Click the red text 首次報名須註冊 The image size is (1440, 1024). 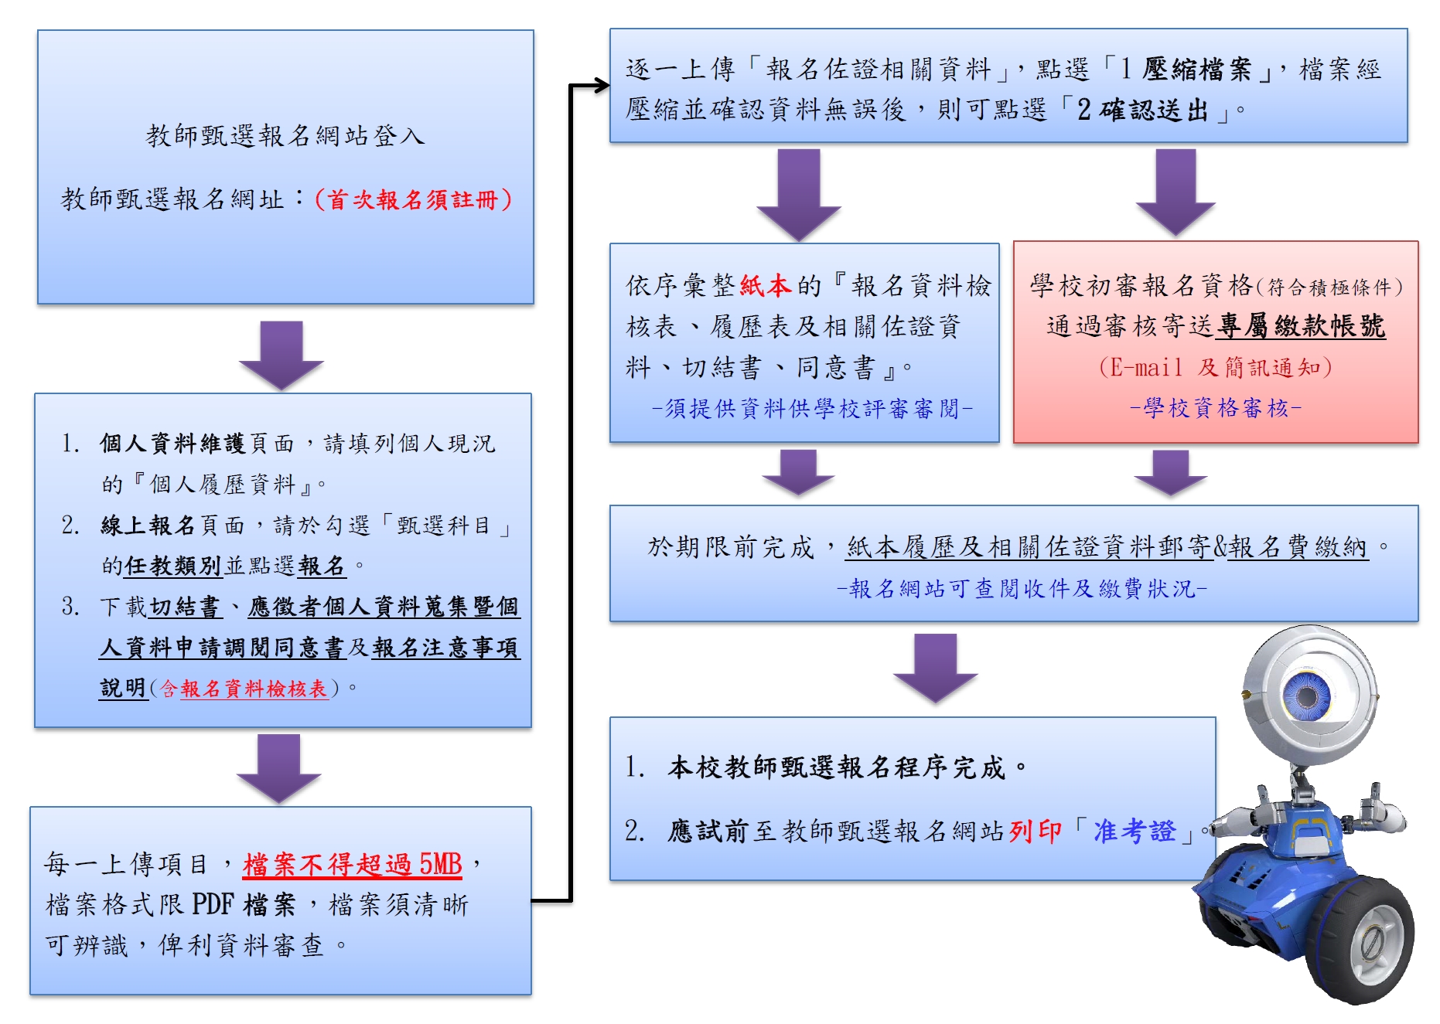tap(413, 200)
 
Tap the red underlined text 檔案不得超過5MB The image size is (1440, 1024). tap(352, 864)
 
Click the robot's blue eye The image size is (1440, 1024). tap(1307, 695)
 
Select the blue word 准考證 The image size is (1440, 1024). tap(1135, 831)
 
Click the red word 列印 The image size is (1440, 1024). tap(1035, 831)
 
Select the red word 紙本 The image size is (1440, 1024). tap(765, 286)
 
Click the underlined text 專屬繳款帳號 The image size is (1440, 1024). tap(1300, 326)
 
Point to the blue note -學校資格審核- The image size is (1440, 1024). tap(1216, 407)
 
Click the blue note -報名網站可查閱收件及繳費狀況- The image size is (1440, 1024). tap(1022, 589)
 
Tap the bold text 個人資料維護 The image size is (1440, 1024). tap(172, 443)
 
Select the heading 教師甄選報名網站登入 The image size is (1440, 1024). tap(285, 136)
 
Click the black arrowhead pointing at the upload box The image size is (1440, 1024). tap(600, 86)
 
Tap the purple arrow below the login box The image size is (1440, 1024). tap(282, 353)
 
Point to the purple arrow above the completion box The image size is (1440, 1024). tap(936, 666)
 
